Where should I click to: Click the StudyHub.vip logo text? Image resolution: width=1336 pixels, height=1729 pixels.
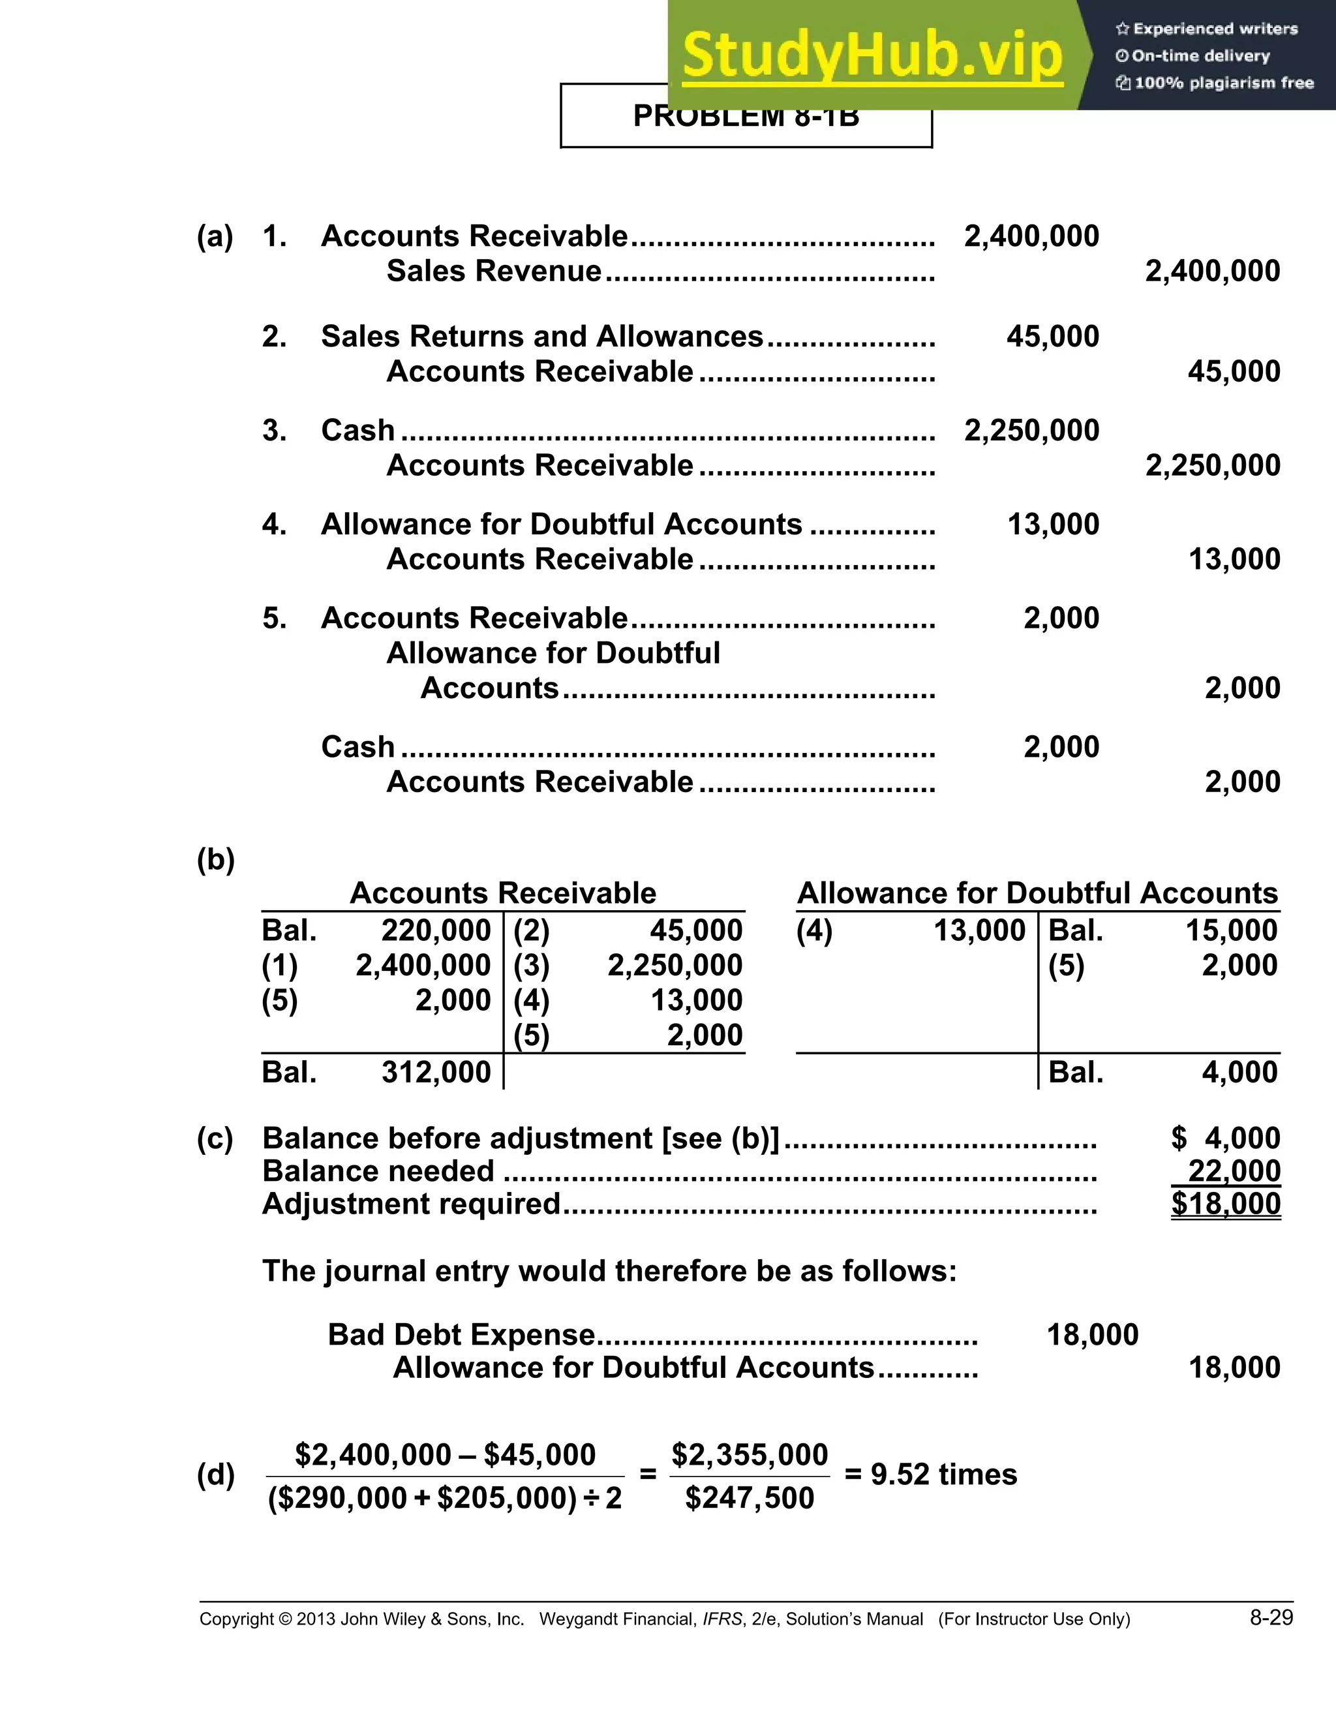[872, 55]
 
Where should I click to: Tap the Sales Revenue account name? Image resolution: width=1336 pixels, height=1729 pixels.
[494, 271]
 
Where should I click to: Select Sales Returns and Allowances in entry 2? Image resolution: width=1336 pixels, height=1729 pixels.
[542, 337]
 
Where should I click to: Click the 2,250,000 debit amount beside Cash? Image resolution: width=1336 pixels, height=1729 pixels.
[1031, 431]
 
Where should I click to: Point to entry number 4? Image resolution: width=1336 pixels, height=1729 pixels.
[274, 524]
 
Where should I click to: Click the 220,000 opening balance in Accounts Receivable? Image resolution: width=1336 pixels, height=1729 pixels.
[436, 930]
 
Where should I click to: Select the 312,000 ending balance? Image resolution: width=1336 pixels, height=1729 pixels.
[436, 1072]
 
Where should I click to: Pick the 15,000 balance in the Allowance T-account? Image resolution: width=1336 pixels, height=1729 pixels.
[1231, 930]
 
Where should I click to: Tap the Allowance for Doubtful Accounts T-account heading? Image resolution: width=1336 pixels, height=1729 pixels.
[1037, 893]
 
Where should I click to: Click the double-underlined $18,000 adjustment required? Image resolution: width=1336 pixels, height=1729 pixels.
[1226, 1204]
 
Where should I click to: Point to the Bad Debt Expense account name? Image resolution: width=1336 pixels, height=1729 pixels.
[461, 1335]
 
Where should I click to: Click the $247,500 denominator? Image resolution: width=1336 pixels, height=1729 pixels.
[750, 1498]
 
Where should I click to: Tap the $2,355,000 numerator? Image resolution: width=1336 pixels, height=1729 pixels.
[750, 1454]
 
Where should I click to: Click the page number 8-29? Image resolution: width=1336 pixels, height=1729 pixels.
[1271, 1617]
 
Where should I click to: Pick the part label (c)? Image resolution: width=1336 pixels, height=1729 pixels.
[215, 1139]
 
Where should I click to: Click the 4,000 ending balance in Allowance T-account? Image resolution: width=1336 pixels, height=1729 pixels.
[1239, 1072]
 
